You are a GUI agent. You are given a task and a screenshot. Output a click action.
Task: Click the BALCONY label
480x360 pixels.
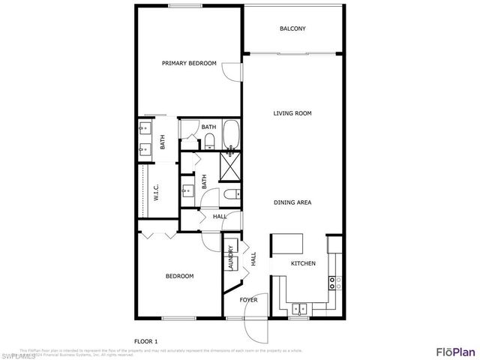[x=292, y=29]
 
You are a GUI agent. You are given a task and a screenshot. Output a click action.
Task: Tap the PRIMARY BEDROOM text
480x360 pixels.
[x=189, y=64]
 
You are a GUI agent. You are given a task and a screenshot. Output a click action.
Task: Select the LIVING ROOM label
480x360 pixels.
[x=292, y=113]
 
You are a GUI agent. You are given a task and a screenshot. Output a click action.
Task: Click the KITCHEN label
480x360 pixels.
[x=303, y=263]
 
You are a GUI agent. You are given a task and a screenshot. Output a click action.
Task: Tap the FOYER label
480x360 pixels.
[x=248, y=300]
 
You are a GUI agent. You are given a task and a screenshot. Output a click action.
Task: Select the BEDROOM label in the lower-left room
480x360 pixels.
[x=179, y=276]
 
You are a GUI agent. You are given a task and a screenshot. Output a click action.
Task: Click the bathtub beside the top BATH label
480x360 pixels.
[x=230, y=135]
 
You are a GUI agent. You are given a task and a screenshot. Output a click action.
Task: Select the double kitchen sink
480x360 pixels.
[x=299, y=307]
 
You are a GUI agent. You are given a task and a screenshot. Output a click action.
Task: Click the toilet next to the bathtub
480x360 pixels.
[x=210, y=141]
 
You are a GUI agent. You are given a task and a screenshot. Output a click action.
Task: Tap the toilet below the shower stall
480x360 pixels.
[x=232, y=194]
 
